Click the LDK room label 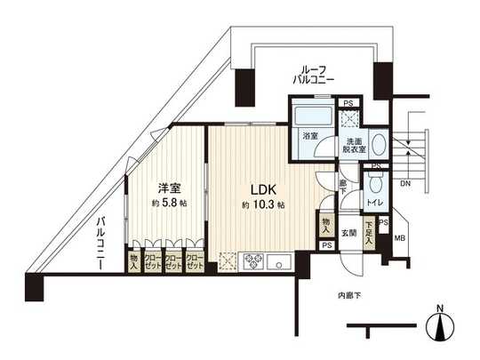[261, 189]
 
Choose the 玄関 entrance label [348, 234]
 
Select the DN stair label [404, 184]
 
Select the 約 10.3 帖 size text [262, 205]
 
